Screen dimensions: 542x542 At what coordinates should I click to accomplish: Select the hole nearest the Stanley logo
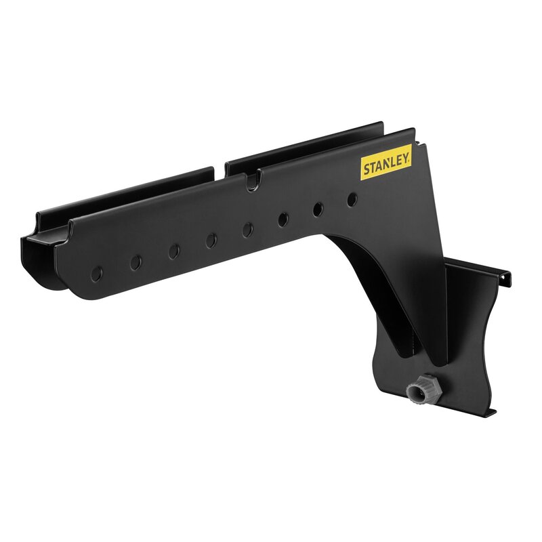coord(352,200)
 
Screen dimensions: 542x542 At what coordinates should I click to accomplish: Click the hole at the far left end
coord(96,274)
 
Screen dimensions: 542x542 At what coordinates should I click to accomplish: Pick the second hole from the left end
coord(136,263)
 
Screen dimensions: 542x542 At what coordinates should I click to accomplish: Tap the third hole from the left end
coord(174,251)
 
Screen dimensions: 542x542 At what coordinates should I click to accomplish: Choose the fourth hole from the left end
coord(211,241)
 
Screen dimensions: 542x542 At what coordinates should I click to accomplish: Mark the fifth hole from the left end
coord(247,230)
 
